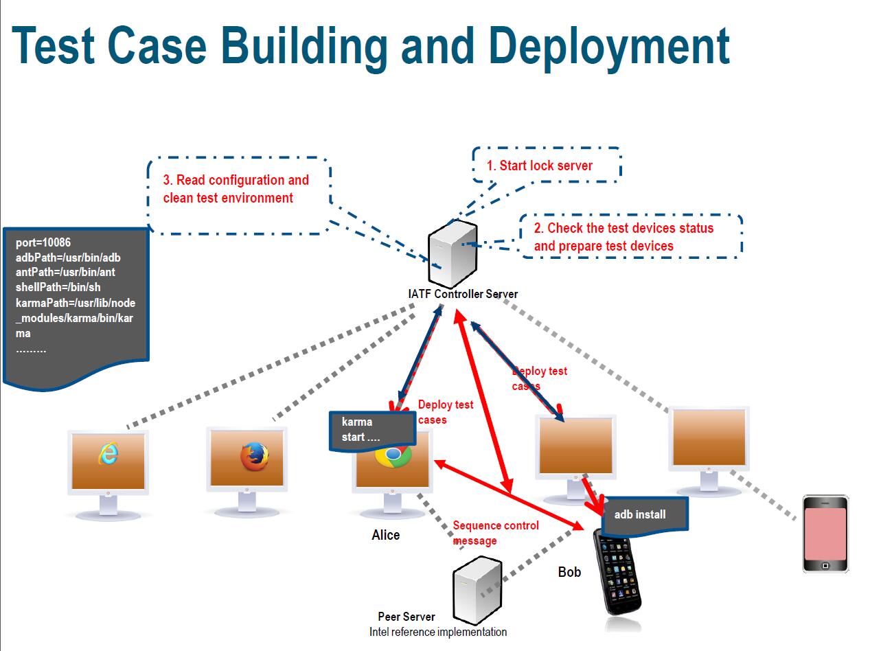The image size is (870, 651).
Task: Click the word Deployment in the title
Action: (x=609, y=47)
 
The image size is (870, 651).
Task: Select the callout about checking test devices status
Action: (x=631, y=236)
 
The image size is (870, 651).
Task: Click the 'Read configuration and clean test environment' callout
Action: (x=239, y=195)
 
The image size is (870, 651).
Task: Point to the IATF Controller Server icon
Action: (x=453, y=254)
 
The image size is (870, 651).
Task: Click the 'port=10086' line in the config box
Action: (x=43, y=242)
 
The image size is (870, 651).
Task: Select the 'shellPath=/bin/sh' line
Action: (x=58, y=287)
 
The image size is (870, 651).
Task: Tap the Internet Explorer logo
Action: (x=108, y=453)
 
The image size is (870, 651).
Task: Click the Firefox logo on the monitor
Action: (x=255, y=457)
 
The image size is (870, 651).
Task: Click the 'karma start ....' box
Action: (x=372, y=431)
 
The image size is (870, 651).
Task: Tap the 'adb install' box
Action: (x=644, y=516)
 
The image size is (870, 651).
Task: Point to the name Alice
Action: (x=386, y=535)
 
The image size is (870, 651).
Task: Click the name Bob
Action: (x=569, y=572)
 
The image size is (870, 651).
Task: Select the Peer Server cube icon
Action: (x=477, y=591)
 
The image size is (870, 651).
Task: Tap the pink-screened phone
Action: (x=825, y=534)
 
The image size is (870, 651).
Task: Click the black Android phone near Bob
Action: (x=617, y=572)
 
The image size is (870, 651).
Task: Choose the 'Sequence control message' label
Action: (x=496, y=533)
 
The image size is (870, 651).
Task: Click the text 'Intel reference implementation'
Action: (x=438, y=632)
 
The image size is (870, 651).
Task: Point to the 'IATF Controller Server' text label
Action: (x=463, y=294)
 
